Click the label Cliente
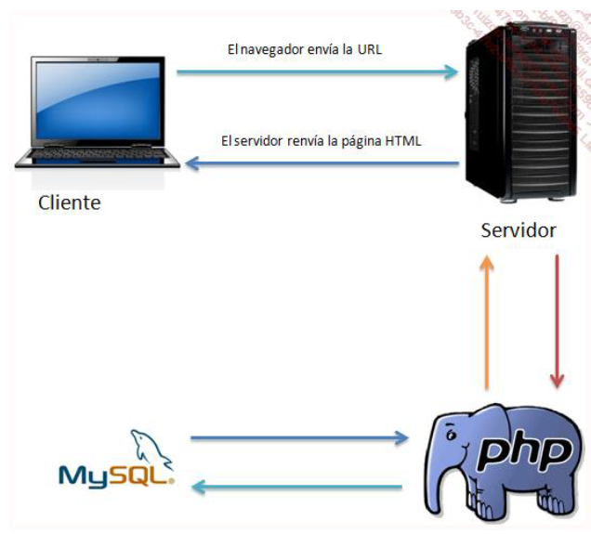[69, 202]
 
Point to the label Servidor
[518, 229]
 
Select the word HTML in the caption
[404, 141]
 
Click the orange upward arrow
[485, 320]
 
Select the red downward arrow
[557, 320]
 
